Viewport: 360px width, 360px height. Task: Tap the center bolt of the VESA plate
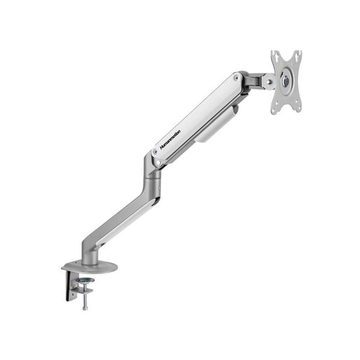286,80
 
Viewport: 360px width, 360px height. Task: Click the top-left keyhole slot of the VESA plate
275,58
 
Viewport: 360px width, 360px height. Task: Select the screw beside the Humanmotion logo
155,152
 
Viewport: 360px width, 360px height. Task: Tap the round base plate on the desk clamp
89,266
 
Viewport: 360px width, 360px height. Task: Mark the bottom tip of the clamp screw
85,308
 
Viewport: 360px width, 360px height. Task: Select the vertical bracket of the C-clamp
68,285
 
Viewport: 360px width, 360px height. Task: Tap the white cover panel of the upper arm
198,114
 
